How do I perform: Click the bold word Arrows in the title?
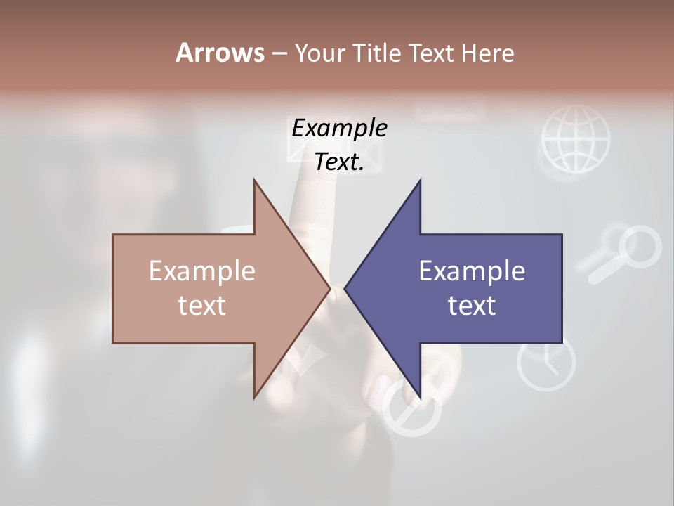click(x=220, y=53)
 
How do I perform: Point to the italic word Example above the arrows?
click(x=339, y=128)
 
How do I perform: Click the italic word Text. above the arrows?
click(x=339, y=162)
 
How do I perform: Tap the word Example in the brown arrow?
click(x=202, y=271)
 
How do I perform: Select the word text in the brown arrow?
click(x=202, y=305)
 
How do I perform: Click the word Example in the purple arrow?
click(x=472, y=271)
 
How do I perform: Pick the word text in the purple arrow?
click(x=472, y=305)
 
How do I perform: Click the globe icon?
click(x=576, y=139)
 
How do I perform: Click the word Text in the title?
click(x=432, y=53)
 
